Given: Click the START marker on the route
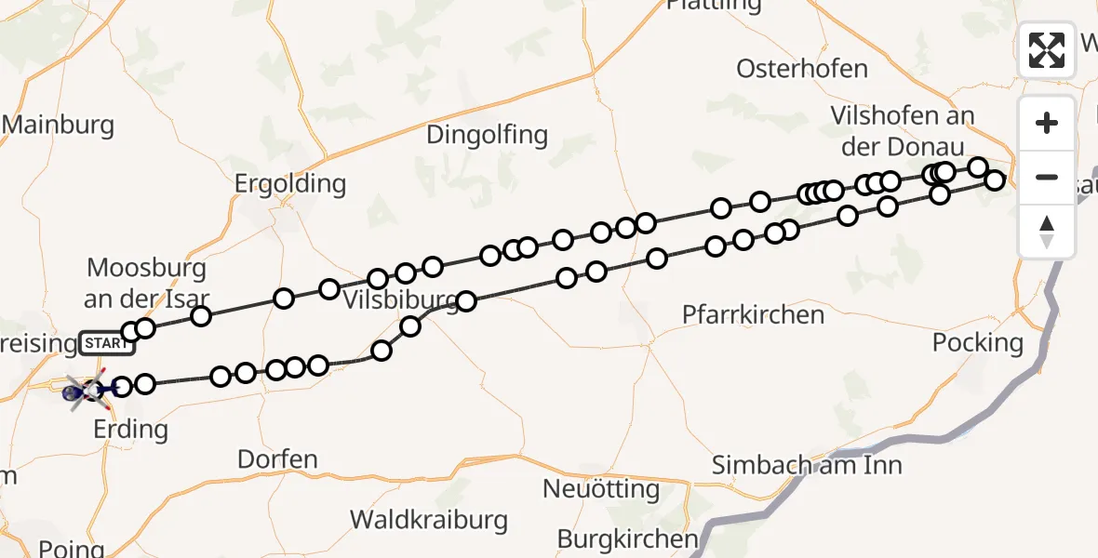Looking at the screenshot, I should tap(107, 343).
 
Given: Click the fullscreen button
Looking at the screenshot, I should tap(1047, 50).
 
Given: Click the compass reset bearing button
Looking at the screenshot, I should tap(1047, 231).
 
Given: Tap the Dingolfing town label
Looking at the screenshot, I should tap(487, 135).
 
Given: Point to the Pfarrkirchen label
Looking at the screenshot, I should tap(753, 314).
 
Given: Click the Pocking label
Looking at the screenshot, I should tap(978, 342).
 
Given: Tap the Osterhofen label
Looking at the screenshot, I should tap(801, 69).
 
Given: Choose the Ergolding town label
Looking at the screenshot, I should tap(289, 183).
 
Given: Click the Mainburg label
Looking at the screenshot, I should tap(58, 125).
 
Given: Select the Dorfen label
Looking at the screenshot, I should tap(277, 458).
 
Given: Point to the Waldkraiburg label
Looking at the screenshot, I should tap(429, 519).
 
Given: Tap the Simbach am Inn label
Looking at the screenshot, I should tap(807, 464).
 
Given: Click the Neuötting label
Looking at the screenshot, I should tap(602, 488).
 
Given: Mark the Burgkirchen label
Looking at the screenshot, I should tap(627, 538).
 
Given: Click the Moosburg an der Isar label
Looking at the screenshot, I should tap(148, 284).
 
